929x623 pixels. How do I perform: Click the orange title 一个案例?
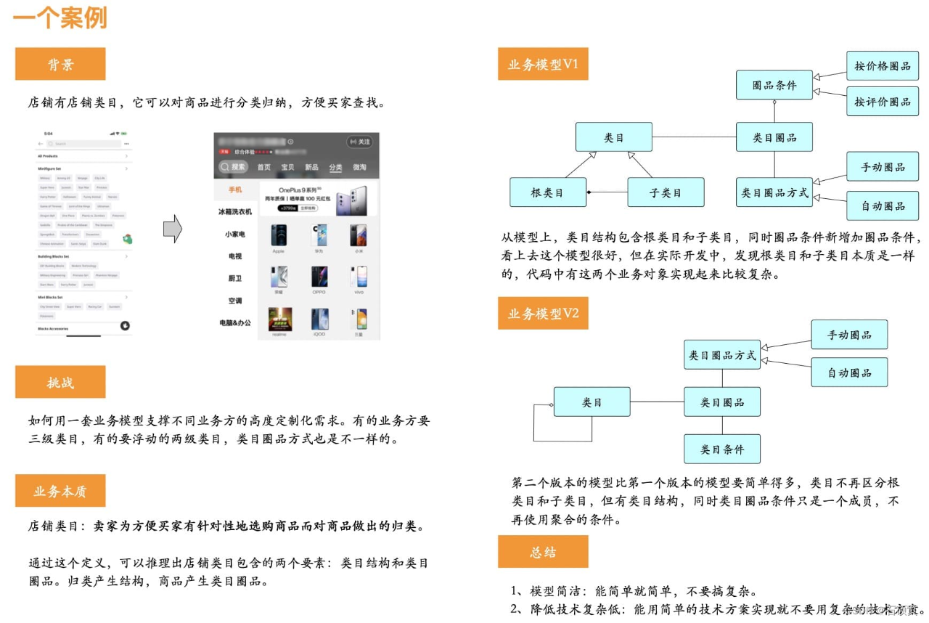(61, 18)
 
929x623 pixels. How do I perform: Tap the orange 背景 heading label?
(60, 64)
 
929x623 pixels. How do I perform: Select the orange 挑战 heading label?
(60, 382)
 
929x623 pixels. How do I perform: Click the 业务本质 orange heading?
(60, 491)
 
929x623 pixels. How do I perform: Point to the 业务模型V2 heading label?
(543, 313)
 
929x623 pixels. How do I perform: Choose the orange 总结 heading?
(543, 552)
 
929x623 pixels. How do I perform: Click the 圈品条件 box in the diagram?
(774, 85)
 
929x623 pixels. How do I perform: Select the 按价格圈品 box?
(883, 66)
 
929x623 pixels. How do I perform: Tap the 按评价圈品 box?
(883, 101)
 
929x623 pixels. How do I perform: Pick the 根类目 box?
(547, 192)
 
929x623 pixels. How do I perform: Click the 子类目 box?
(666, 192)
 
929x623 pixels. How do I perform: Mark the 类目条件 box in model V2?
(722, 449)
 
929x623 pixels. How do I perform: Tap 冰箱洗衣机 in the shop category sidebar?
(235, 211)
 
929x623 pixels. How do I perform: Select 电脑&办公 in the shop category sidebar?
(235, 322)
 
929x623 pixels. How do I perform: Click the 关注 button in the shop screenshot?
(359, 142)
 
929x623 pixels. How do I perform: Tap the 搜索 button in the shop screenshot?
(234, 167)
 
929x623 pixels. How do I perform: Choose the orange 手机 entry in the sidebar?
(235, 190)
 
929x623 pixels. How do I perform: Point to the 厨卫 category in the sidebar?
(235, 278)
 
